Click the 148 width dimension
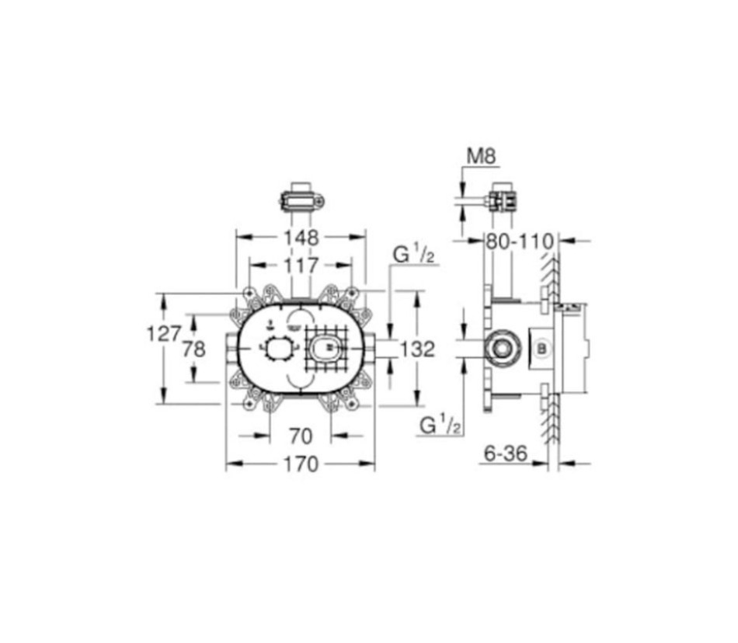click(301, 236)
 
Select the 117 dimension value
click(301, 266)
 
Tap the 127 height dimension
click(164, 335)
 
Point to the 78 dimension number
click(194, 350)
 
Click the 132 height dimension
click(417, 350)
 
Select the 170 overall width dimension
click(300, 464)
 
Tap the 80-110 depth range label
click(520, 242)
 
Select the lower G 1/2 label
click(440, 425)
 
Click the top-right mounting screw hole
click(352, 293)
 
